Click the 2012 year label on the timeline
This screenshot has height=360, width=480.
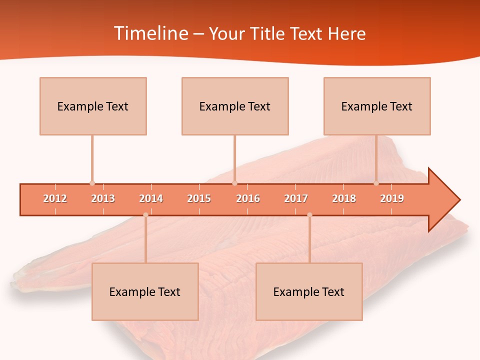point(55,198)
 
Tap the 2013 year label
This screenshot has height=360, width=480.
point(103,198)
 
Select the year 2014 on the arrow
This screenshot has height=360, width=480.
point(151,198)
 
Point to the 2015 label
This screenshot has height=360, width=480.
point(199,198)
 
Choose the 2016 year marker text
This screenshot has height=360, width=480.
point(248,198)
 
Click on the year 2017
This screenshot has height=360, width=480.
point(296,198)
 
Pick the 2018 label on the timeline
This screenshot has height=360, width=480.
point(344,198)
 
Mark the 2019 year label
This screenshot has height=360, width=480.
point(392,198)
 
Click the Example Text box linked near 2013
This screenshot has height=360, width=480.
point(93,106)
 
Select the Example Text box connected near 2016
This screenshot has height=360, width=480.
point(235,106)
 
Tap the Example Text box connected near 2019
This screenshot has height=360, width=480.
point(377,106)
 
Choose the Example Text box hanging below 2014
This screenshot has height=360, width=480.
point(145,291)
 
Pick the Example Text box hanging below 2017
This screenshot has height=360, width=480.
point(309,291)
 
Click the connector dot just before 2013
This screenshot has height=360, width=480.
point(92,183)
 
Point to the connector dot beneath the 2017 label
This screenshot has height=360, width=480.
point(309,215)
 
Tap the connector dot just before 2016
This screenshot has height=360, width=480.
point(234,183)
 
